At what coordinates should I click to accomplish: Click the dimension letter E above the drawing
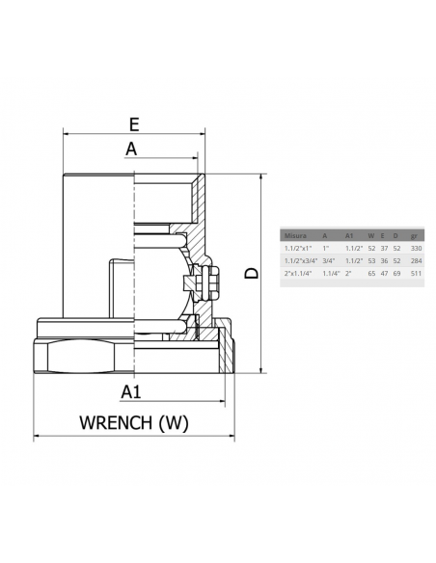click(x=134, y=123)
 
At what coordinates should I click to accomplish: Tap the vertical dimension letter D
click(x=251, y=274)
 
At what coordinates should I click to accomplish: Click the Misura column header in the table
click(x=293, y=235)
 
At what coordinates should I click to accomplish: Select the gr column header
click(x=414, y=235)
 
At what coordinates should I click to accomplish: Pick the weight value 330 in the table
click(x=417, y=248)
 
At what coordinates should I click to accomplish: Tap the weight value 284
click(x=417, y=260)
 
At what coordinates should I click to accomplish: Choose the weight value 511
click(x=417, y=274)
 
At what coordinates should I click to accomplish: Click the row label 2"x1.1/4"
click(x=297, y=274)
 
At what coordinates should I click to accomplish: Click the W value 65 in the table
click(x=372, y=274)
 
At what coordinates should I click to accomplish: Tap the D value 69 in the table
click(x=395, y=274)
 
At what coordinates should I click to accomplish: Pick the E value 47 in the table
click(x=384, y=274)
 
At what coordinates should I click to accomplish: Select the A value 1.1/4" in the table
click(x=330, y=274)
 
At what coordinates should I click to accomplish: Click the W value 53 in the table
click(x=372, y=260)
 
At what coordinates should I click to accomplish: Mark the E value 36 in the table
click(x=384, y=260)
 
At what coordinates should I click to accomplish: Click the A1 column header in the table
click(x=349, y=235)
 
